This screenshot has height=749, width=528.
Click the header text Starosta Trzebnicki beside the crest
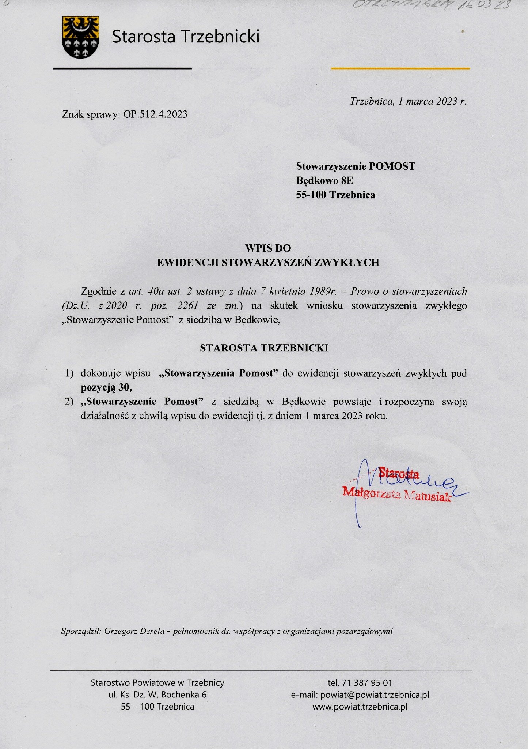click(x=186, y=37)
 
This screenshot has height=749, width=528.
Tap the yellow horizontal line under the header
click(x=400, y=68)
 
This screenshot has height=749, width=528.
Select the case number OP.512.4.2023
click(x=155, y=114)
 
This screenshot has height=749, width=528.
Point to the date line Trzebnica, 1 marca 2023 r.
click(x=408, y=101)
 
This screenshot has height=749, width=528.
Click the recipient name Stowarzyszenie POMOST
click(x=356, y=166)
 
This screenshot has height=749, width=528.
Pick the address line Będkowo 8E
click(x=324, y=181)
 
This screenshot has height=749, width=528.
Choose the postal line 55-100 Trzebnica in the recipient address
click(x=335, y=195)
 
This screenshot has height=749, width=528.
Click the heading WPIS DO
click(x=268, y=248)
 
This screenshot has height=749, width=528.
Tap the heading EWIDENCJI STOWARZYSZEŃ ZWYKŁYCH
click(x=268, y=263)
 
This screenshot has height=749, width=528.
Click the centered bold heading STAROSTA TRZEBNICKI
click(x=264, y=348)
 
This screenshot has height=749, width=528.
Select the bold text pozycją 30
click(x=106, y=387)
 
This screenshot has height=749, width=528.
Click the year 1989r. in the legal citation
click(x=323, y=291)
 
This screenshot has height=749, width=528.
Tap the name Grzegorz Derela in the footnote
click(x=134, y=631)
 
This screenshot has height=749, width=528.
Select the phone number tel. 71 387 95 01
click(x=360, y=682)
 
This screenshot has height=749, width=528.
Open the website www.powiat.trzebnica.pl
click(x=360, y=707)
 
